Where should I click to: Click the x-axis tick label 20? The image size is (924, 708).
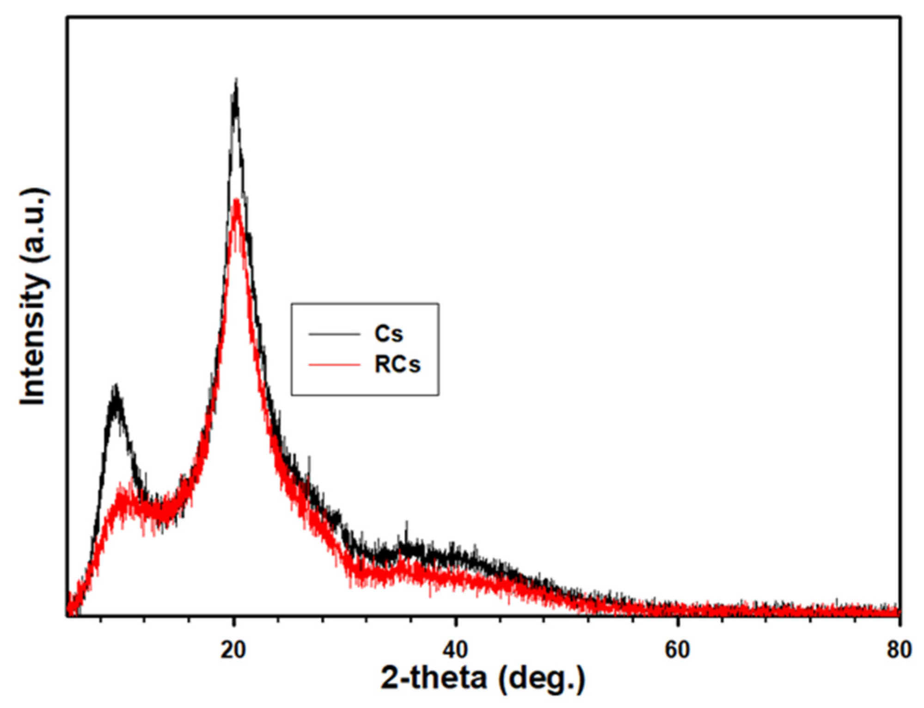pos(233,650)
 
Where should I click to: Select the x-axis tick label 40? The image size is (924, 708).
pos(455,650)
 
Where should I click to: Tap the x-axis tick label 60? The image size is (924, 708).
pos(678,650)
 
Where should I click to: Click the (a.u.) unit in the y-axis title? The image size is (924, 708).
pos(33,226)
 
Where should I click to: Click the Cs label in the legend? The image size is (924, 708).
pos(389,333)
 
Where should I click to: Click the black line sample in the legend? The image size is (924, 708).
pos(334,334)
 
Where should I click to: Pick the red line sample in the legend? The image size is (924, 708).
pos(334,365)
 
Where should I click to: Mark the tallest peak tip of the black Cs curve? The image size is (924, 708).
pos(236,81)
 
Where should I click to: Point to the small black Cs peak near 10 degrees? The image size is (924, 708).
pos(116,386)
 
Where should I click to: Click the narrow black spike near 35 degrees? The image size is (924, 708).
pos(407,523)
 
